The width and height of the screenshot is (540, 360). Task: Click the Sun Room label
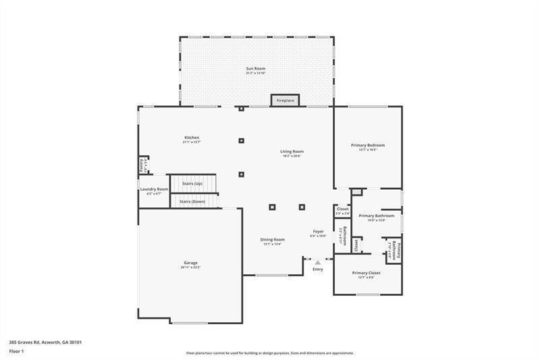point(256,68)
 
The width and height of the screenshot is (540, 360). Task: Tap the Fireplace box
point(286,101)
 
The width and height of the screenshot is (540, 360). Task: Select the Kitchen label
point(192,138)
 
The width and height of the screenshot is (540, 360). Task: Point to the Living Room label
point(292,151)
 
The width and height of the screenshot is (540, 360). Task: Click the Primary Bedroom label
point(368,145)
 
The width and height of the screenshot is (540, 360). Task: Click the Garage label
point(190,263)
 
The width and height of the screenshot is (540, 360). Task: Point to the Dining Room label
point(273,239)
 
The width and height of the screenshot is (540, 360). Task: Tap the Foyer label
point(318,232)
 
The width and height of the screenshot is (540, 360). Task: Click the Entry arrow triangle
point(317,261)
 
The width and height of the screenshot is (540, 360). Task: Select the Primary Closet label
point(367,273)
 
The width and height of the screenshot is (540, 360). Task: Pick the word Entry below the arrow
point(318,269)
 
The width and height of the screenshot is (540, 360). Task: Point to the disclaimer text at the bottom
point(270,353)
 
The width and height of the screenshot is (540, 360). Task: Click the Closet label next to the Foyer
point(343,209)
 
